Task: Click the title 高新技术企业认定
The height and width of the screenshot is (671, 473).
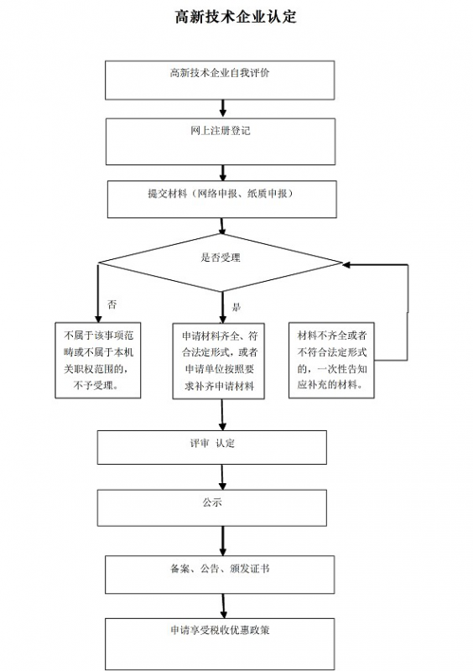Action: [236, 17]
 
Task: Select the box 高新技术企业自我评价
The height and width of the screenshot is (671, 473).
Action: [220, 80]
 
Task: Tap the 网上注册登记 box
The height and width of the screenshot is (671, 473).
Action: [220, 141]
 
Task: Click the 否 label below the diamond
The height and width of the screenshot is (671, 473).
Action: [112, 304]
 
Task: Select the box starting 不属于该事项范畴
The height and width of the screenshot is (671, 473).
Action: [97, 360]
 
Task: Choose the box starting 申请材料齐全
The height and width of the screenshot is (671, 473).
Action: [220, 360]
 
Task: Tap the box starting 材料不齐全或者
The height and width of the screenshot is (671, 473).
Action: [331, 360]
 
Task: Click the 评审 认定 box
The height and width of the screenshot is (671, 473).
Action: [211, 447]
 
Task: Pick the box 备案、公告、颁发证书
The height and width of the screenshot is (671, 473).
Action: [220, 574]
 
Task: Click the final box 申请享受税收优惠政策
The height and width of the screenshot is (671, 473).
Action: [220, 642]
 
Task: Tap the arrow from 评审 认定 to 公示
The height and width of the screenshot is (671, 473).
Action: [222, 477]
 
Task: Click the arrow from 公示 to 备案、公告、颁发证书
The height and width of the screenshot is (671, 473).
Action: [222, 541]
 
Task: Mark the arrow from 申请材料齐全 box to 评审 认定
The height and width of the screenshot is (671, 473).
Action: [222, 415]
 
